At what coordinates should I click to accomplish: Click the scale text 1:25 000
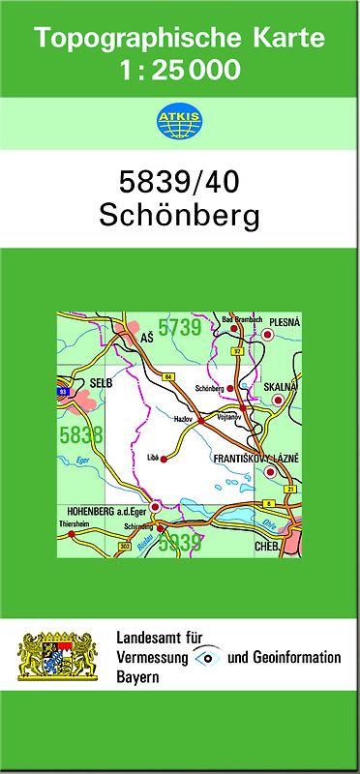179,70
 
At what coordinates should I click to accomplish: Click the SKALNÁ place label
281,386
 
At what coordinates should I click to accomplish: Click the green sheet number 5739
179,328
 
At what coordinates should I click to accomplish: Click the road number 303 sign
124,547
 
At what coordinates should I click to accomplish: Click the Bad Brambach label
242,319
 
